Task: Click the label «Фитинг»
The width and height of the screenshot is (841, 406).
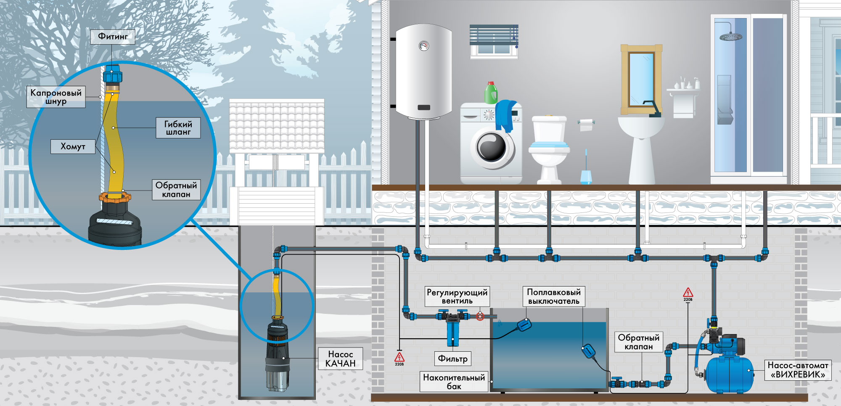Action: click(x=113, y=37)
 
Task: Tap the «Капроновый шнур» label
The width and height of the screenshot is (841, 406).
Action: click(x=56, y=97)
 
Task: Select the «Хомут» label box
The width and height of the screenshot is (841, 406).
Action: click(x=73, y=146)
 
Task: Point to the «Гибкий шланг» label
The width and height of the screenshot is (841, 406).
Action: click(x=178, y=128)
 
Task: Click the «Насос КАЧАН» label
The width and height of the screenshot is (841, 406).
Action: click(x=340, y=358)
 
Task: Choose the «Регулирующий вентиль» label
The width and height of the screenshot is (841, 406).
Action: click(x=457, y=297)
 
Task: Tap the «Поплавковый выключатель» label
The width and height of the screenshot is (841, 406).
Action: click(x=554, y=297)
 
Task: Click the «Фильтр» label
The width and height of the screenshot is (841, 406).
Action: click(x=452, y=358)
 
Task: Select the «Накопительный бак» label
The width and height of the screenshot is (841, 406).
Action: click(x=454, y=382)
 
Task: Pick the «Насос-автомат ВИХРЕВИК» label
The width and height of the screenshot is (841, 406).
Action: click(x=798, y=370)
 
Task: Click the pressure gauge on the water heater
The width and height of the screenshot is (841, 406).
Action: click(x=424, y=46)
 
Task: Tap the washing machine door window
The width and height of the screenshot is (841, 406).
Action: click(x=492, y=148)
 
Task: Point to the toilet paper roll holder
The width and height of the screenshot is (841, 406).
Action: click(x=586, y=125)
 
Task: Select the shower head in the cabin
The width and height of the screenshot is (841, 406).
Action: click(x=731, y=37)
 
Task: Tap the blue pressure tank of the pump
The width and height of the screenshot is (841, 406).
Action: click(x=728, y=374)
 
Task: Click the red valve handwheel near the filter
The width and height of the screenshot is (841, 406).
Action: click(x=480, y=316)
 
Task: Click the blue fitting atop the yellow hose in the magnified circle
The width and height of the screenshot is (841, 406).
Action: click(x=113, y=73)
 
